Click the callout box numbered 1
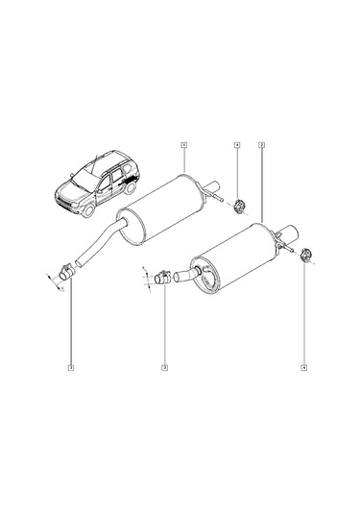click(183, 145)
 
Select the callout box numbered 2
click(261, 145)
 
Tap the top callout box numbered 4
click(236, 145)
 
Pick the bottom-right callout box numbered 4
click(304, 366)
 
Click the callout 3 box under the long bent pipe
click(71, 366)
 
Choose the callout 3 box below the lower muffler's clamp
click(164, 366)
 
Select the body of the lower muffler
click(235, 255)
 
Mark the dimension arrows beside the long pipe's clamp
click(50, 282)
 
